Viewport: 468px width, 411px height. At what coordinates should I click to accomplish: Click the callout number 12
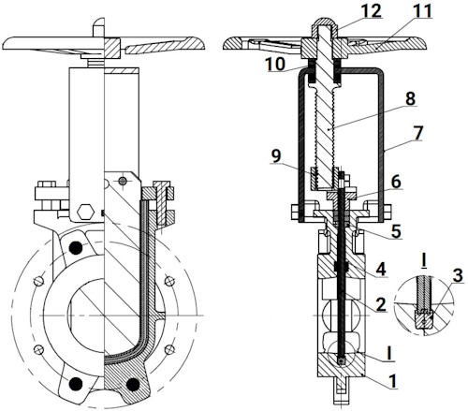pos(372,10)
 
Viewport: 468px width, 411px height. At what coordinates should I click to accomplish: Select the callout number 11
pos(422,10)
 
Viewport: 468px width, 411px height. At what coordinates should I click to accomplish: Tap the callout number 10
pos(275,64)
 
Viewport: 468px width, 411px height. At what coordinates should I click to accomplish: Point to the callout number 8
pos(410,98)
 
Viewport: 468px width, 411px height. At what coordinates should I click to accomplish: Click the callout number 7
pos(418,132)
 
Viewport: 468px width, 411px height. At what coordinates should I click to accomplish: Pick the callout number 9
pos(276,155)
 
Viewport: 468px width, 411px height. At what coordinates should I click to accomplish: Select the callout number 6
pos(396,182)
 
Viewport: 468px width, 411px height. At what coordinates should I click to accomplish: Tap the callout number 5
pos(396,231)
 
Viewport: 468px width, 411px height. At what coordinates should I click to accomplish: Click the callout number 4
pos(381,269)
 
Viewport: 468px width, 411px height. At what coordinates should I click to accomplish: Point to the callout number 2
pos(381,304)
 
